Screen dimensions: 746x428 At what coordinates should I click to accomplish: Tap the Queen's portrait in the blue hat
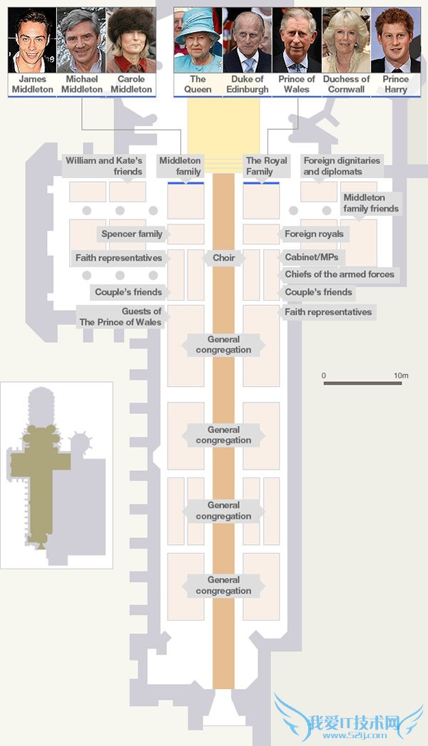[198, 40]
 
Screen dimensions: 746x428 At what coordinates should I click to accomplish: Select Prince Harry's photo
[395, 40]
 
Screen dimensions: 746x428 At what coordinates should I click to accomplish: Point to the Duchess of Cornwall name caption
[346, 84]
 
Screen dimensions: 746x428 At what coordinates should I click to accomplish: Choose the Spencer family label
[132, 234]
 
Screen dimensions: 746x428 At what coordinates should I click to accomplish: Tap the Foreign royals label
[314, 234]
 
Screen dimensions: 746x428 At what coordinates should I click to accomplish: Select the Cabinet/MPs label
[311, 257]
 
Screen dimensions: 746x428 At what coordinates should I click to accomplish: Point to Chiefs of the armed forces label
[340, 274]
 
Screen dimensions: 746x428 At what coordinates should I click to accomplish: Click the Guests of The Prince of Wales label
[121, 316]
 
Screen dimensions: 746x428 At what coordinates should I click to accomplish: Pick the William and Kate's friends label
[104, 166]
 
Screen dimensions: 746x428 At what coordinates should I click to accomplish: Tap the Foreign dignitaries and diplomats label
[342, 166]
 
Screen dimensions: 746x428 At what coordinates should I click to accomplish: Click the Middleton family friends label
[370, 203]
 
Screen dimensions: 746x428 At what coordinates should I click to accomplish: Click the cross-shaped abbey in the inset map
[40, 463]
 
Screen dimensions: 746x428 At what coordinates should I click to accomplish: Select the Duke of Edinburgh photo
[248, 40]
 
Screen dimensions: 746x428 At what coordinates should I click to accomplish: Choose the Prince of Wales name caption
[297, 84]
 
